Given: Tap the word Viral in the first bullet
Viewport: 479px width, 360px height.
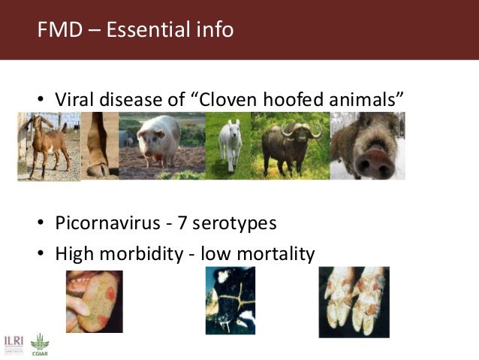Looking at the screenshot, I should (x=76, y=100).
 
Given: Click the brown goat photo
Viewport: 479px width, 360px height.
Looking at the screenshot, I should (x=47, y=147).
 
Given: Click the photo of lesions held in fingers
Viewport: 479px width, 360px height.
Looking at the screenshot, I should (x=94, y=301).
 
